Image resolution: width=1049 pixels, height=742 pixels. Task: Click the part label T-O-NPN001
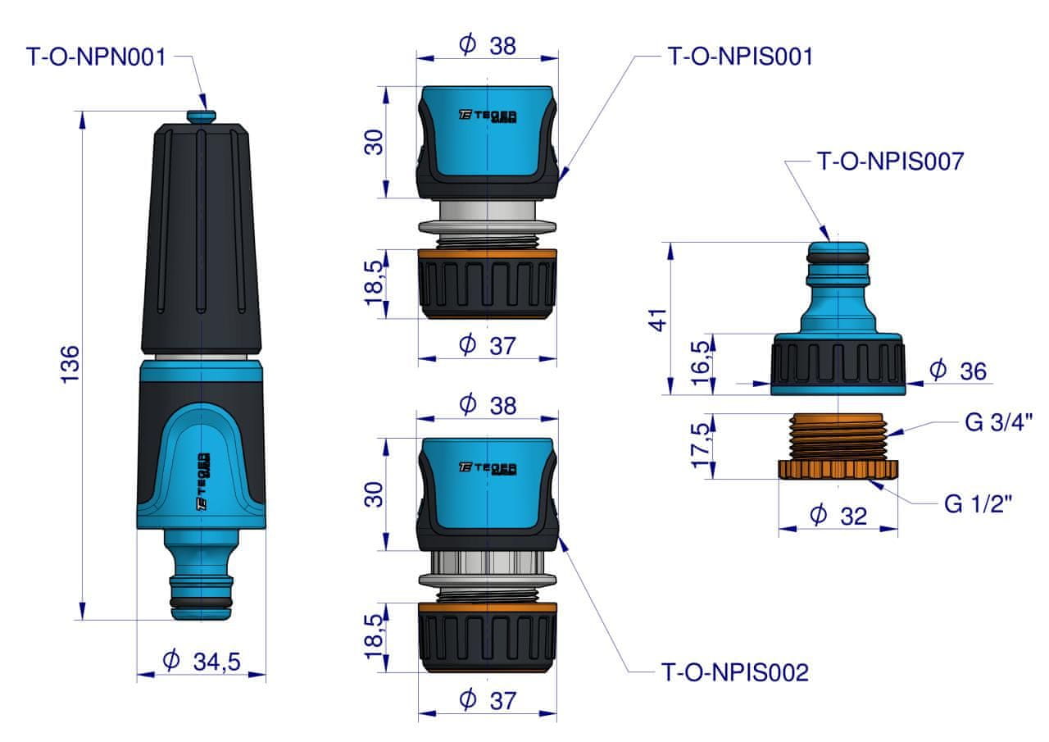97,57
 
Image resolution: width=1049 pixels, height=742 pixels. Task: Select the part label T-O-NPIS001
741,57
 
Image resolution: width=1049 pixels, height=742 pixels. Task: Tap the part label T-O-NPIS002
735,672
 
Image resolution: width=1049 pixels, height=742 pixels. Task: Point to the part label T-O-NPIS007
890,162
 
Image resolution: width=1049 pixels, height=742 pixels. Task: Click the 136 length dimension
70,365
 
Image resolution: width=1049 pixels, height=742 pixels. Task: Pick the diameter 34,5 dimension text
202,661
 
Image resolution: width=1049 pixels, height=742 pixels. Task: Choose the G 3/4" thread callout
998,422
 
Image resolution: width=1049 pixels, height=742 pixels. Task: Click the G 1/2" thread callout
979,504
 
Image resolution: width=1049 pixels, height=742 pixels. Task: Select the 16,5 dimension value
701,363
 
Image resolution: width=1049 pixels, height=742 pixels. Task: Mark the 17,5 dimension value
701,445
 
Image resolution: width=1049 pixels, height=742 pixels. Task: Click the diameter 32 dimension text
839,516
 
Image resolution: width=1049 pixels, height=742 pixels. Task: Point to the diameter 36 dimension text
959,371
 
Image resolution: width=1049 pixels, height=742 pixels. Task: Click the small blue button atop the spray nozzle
202,116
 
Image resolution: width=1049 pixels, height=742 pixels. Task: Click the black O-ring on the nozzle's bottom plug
202,602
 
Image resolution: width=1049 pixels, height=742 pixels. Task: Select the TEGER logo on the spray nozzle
202,481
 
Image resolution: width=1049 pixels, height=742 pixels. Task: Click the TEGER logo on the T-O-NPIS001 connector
488,116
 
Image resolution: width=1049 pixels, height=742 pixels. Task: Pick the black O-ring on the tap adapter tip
838,257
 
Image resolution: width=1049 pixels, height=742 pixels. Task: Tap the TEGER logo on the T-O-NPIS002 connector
488,468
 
